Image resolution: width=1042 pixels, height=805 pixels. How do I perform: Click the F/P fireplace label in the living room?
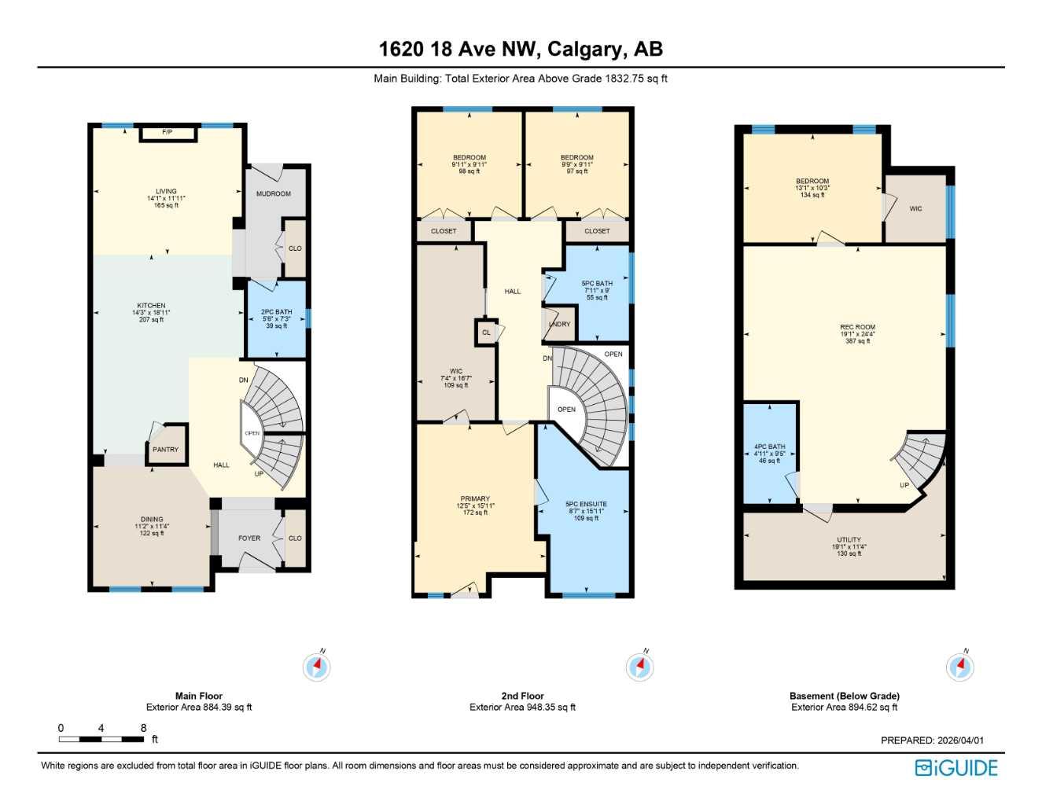tap(167, 132)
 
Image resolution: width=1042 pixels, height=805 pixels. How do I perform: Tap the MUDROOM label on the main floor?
tap(274, 193)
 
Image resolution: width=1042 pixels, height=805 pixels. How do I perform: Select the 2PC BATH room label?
tap(276, 312)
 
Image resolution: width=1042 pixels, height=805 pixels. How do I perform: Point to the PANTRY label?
tap(165, 450)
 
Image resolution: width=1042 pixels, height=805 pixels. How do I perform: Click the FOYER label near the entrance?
tap(249, 539)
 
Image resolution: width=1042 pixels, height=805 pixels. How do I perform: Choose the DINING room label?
tap(152, 520)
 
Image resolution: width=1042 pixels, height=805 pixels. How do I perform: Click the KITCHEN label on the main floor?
tap(151, 306)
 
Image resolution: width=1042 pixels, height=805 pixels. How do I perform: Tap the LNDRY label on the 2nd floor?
tap(559, 324)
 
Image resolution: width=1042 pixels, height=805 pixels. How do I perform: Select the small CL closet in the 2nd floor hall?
tap(486, 333)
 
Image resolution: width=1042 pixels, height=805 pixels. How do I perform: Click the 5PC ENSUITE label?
tap(586, 505)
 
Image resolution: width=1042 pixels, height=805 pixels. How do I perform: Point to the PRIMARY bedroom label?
tap(475, 499)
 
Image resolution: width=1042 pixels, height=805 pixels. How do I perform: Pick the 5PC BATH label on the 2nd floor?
tap(597, 284)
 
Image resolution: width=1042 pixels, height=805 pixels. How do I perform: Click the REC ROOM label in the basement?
tap(857, 327)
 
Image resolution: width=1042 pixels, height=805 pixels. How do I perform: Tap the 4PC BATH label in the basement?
tap(769, 447)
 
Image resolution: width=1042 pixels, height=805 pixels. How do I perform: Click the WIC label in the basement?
tap(915, 209)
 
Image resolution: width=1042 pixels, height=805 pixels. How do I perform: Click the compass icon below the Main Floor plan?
tap(317, 667)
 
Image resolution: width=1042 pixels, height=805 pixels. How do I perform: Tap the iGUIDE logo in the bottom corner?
tap(956, 768)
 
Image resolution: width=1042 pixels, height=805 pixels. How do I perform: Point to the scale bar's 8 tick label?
tap(143, 728)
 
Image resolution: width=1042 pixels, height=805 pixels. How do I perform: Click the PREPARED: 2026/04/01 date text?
tap(932, 741)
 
